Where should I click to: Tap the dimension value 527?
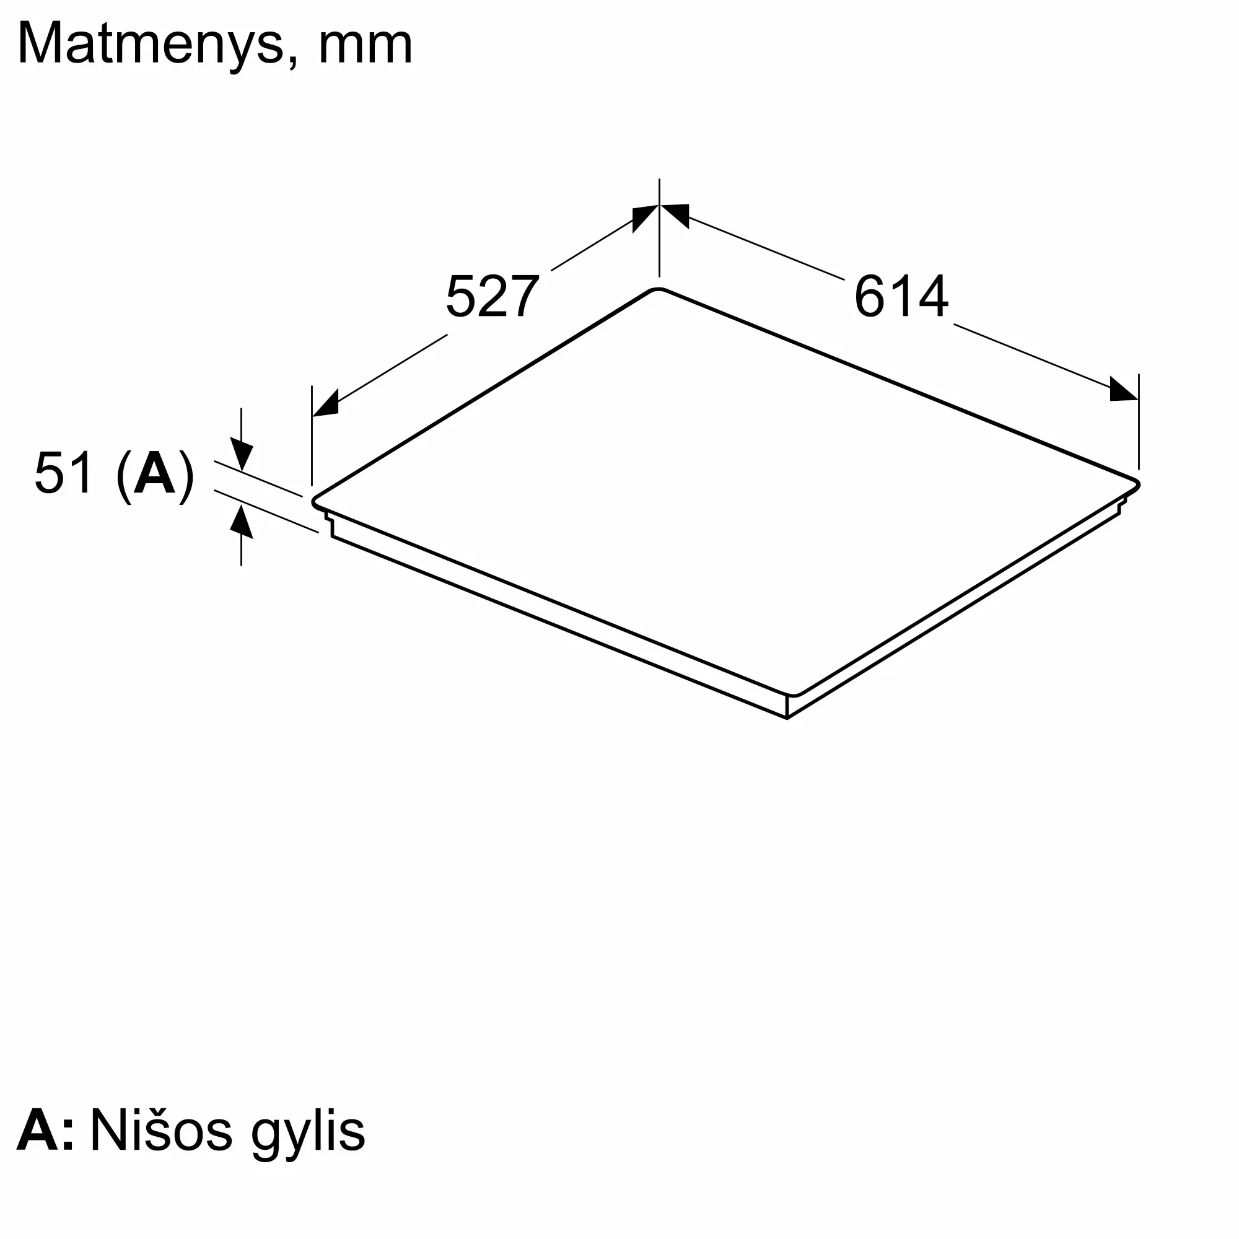pyautogui.click(x=492, y=297)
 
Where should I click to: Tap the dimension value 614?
pyautogui.click(x=901, y=296)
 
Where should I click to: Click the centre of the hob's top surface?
pyautogui.click(x=725, y=491)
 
